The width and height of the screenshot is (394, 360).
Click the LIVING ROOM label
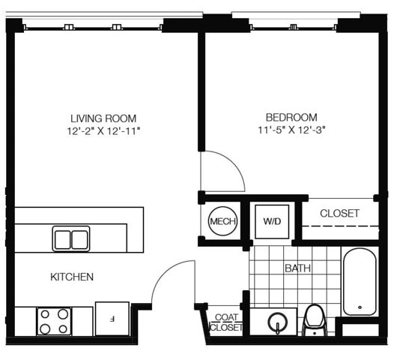(x=103, y=118)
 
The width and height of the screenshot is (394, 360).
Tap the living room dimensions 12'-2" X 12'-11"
(x=103, y=131)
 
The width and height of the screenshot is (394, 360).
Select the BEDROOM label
(x=291, y=118)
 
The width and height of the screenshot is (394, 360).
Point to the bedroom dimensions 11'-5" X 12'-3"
(x=291, y=130)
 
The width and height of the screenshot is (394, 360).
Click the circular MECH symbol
(x=222, y=221)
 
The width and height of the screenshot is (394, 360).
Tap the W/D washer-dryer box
(x=272, y=222)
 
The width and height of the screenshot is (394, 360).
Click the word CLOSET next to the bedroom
(x=339, y=213)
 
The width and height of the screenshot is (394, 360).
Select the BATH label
(x=298, y=268)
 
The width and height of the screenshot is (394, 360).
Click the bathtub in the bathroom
(x=360, y=281)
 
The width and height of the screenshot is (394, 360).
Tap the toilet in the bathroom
(x=315, y=320)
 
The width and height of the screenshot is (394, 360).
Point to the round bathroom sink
(x=277, y=322)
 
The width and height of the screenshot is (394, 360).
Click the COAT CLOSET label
(x=226, y=322)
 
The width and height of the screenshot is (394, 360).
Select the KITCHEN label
(x=72, y=277)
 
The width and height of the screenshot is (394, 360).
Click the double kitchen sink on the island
(x=71, y=238)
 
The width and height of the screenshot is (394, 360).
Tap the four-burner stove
(x=54, y=322)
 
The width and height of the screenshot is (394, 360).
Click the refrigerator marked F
(x=112, y=319)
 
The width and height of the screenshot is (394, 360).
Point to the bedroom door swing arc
(x=236, y=164)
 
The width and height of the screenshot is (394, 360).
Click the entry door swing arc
(x=163, y=271)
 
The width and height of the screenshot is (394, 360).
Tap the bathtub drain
(x=360, y=307)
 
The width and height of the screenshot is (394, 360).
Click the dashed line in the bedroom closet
(x=340, y=226)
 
